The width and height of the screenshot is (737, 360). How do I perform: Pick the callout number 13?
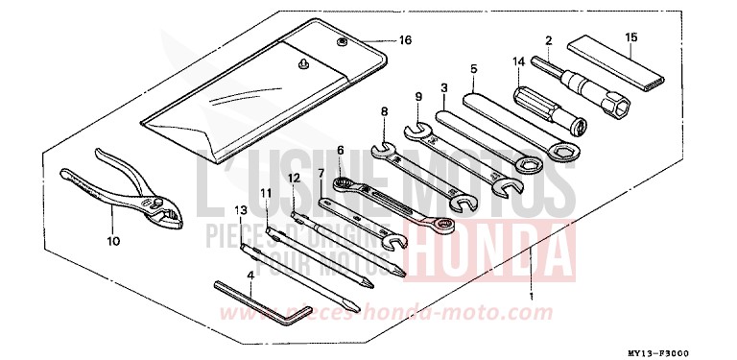point(242,209)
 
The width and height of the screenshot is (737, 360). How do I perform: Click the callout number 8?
point(384,112)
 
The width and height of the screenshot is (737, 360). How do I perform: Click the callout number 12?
point(295,179)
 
